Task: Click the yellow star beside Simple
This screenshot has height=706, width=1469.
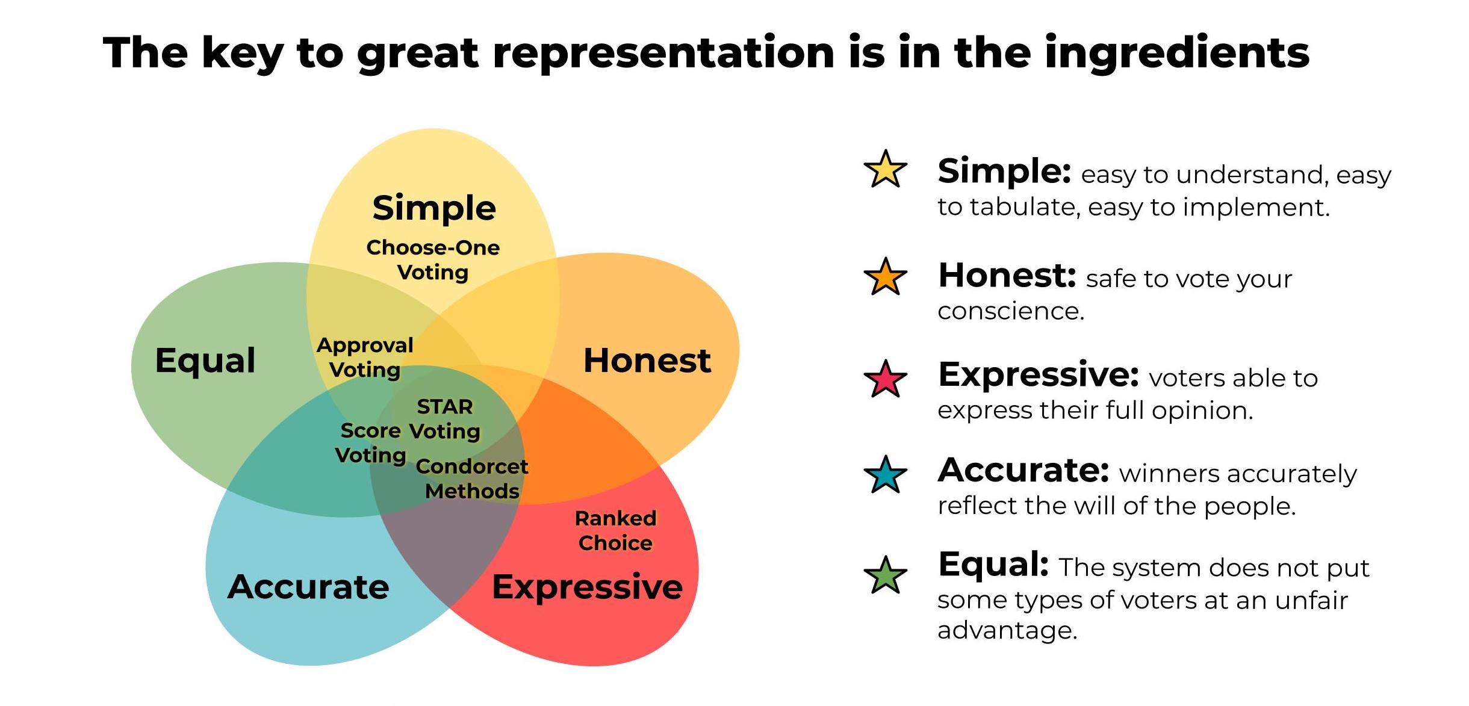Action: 885,170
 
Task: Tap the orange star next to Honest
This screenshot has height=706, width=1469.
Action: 885,277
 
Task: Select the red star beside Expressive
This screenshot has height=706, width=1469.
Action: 885,380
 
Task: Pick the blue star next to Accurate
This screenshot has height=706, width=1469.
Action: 885,475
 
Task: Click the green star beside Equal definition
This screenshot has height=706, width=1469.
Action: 885,576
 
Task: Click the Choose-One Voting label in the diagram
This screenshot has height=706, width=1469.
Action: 433,259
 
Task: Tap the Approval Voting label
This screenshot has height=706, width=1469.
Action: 365,358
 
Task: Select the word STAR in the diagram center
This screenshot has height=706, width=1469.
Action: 445,407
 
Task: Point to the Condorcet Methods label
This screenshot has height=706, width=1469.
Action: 472,478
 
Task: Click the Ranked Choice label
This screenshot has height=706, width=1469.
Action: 615,530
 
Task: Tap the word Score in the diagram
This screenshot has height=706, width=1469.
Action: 370,431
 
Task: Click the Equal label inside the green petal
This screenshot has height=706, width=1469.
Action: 205,361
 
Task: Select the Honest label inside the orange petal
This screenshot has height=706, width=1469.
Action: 647,361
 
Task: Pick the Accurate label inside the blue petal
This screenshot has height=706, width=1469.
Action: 308,587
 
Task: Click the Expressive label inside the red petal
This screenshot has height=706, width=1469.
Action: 587,587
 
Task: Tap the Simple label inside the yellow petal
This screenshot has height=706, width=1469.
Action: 434,208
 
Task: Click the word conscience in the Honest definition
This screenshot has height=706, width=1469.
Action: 1010,311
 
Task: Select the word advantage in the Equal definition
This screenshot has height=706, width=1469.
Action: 1007,630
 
